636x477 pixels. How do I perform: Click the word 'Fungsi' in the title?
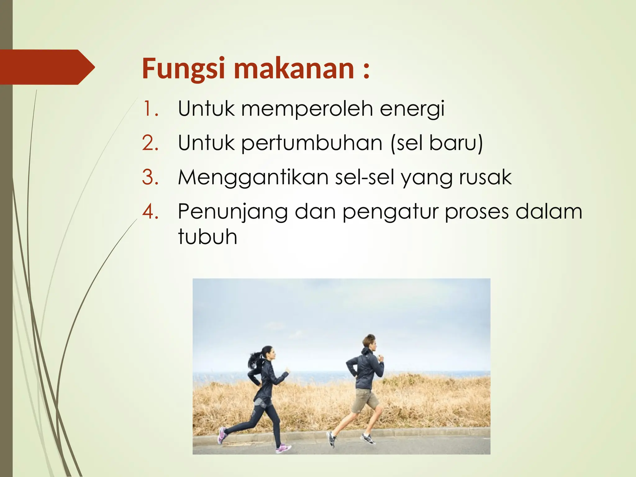pos(183,69)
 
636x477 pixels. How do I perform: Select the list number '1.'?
pos(151,109)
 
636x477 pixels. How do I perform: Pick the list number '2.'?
pos(151,143)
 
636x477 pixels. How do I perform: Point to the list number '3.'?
pos(151,178)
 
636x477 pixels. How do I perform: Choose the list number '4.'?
pos(151,212)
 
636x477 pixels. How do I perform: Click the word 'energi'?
pos(412,109)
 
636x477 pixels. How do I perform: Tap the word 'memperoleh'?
pos(307,109)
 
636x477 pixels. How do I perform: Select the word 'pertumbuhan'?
pos(311,143)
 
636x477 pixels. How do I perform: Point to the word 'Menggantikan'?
pos(253,178)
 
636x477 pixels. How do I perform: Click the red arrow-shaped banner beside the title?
pos(47,67)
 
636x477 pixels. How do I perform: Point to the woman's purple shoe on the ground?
pos(283,448)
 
